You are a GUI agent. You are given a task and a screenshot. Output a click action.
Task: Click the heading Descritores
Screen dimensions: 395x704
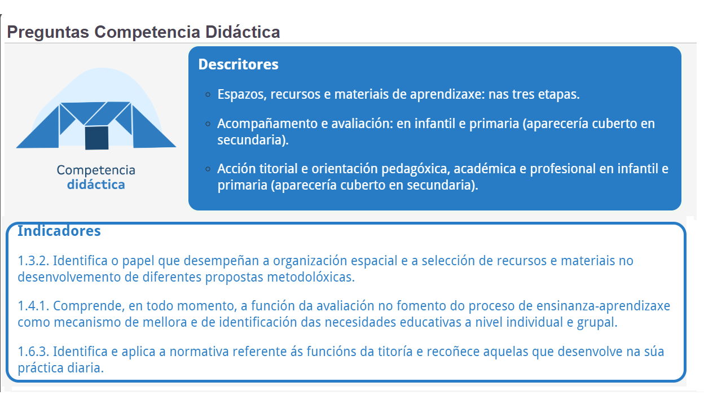pyautogui.click(x=238, y=64)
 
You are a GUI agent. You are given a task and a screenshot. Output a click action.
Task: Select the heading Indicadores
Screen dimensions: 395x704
pyautogui.click(x=59, y=231)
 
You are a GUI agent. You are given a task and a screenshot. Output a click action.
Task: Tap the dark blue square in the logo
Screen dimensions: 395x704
pyautogui.click(x=96, y=138)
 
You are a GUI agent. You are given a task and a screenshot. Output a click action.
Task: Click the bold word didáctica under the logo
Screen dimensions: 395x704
pyautogui.click(x=96, y=185)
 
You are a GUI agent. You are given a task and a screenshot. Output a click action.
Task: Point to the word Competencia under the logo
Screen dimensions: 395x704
pyautogui.click(x=96, y=170)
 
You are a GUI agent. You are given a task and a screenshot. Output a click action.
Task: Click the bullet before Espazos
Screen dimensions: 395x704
pyautogui.click(x=208, y=95)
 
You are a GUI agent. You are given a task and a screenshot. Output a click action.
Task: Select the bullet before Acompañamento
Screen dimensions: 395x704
pyautogui.click(x=208, y=124)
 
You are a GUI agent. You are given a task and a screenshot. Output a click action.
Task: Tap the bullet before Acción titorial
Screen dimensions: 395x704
pyautogui.click(x=208, y=169)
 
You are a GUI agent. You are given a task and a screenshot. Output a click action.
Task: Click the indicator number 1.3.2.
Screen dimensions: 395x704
pyautogui.click(x=34, y=261)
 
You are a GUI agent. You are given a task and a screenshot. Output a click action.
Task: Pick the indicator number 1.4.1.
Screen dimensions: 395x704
pyautogui.click(x=34, y=306)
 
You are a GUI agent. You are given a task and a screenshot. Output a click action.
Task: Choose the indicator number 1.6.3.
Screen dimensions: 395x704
pyautogui.click(x=34, y=352)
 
